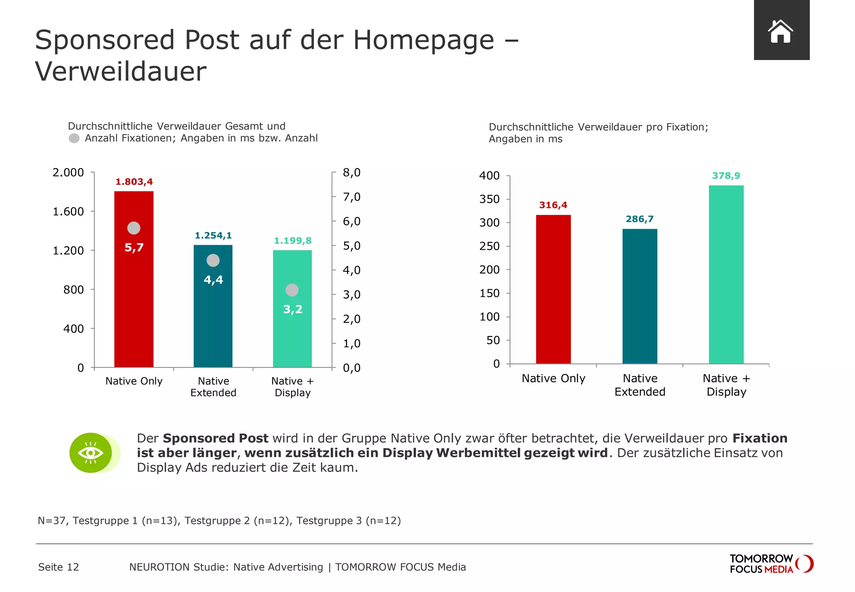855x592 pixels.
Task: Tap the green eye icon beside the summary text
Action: (x=91, y=453)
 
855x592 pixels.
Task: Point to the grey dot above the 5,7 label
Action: (x=134, y=228)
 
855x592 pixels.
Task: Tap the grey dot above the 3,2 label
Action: (x=292, y=290)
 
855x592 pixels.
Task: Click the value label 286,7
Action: (x=640, y=219)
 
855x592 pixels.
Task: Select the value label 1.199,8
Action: (x=293, y=241)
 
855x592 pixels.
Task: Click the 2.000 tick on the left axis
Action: (x=68, y=172)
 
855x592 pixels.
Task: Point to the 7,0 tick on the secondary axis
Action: (x=352, y=197)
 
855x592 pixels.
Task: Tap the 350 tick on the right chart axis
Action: (x=489, y=199)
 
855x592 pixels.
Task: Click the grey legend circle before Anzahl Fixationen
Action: (x=74, y=138)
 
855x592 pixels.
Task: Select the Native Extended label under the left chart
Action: (x=213, y=387)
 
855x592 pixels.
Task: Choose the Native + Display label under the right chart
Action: (x=726, y=385)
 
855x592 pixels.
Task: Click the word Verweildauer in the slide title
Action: (x=121, y=71)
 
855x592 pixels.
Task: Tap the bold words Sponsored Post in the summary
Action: (x=215, y=438)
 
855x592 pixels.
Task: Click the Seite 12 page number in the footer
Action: (x=58, y=567)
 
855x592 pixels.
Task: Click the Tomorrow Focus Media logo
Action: (x=771, y=564)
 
